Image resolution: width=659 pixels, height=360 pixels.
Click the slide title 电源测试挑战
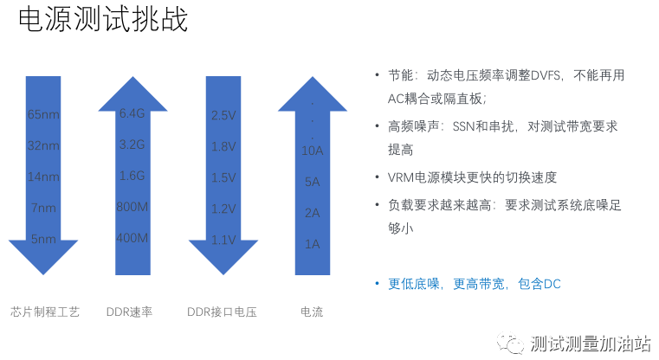tap(103, 20)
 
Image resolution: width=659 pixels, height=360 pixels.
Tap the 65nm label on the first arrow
tap(43, 114)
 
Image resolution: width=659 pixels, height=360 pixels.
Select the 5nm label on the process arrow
tap(43, 239)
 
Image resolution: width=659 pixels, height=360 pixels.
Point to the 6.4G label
tap(132, 113)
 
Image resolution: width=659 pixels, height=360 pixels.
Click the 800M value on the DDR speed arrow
tap(132, 207)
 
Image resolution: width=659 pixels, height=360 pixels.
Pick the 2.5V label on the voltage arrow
tap(223, 115)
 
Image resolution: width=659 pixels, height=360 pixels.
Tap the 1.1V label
tap(223, 240)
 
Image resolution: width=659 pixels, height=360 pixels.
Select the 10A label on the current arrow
tap(313, 151)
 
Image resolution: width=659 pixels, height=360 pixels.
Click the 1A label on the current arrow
tap(313, 244)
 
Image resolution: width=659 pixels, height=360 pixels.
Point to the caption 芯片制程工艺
tap(45, 312)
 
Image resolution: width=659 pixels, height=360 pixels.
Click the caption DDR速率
tap(129, 312)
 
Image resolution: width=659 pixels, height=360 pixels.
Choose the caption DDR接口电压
tap(222, 312)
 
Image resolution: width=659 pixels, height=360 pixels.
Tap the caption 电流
tap(312, 312)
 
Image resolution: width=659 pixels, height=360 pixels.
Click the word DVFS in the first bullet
tap(546, 75)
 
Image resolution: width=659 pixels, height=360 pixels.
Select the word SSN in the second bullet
tap(463, 126)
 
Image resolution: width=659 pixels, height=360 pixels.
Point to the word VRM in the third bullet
tap(401, 177)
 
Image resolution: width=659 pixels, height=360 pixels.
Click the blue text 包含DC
tap(539, 284)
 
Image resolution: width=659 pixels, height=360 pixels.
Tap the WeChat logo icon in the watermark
tap(510, 344)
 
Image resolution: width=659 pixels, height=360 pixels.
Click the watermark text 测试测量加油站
tap(591, 344)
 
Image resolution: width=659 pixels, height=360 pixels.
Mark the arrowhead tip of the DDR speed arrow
tap(132, 77)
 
